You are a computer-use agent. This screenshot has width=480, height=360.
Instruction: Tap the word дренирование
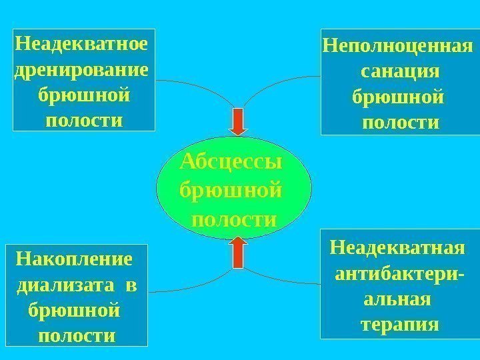click(81, 71)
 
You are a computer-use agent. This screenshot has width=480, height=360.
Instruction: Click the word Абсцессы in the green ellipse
click(231, 163)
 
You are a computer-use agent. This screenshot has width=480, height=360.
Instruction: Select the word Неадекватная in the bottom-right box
click(397, 248)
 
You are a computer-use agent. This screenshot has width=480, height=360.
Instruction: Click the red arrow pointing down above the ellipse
click(238, 122)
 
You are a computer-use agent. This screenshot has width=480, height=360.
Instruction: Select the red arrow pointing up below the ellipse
click(238, 252)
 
